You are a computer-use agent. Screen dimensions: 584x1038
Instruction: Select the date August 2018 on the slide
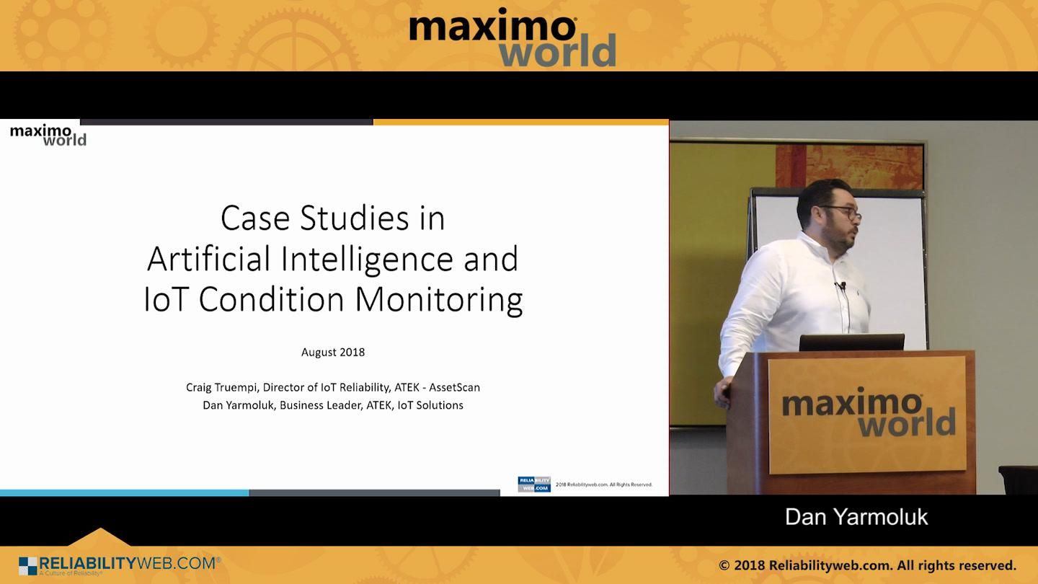click(x=333, y=353)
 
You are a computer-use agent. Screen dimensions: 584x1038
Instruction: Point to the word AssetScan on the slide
click(x=453, y=387)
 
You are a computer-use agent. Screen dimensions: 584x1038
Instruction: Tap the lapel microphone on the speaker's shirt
click(x=840, y=286)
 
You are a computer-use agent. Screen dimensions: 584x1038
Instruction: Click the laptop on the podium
click(x=851, y=342)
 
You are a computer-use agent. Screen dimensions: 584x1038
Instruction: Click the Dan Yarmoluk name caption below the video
click(x=856, y=517)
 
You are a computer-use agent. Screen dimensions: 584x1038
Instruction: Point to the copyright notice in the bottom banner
click(x=867, y=565)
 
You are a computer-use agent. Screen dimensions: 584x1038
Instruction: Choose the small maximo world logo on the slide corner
click(x=48, y=135)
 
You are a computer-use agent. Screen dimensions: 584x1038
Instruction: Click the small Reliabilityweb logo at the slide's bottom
click(x=534, y=485)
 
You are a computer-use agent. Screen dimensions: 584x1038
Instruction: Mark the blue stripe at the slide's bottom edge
click(x=124, y=493)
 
